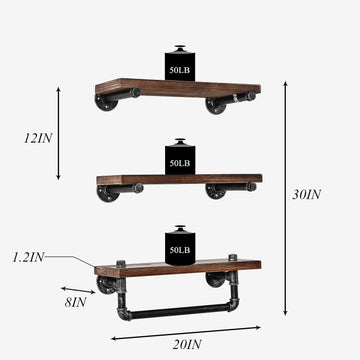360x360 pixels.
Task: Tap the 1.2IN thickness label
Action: click(27, 257)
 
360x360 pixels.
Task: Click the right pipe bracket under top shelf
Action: click(218, 102)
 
